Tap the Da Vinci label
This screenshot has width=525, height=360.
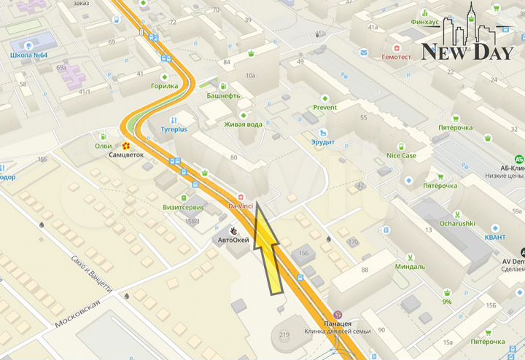point(241,207)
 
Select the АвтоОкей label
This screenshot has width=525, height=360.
point(235,240)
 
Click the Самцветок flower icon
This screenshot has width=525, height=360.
point(125,146)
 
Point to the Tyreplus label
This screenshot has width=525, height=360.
point(174,130)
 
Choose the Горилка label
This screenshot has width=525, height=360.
point(164,86)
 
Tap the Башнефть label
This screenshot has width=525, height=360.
point(223,95)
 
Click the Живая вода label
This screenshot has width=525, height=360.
point(243,125)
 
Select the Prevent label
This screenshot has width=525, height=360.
point(325,108)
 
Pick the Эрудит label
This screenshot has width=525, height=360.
point(322,142)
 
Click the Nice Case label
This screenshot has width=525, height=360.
point(401,155)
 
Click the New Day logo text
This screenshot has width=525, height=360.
point(457,52)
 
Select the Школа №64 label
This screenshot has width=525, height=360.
point(29,55)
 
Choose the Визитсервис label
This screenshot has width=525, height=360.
point(183,207)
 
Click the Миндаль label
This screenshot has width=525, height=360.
point(410,267)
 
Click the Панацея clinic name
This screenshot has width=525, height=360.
point(338,323)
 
